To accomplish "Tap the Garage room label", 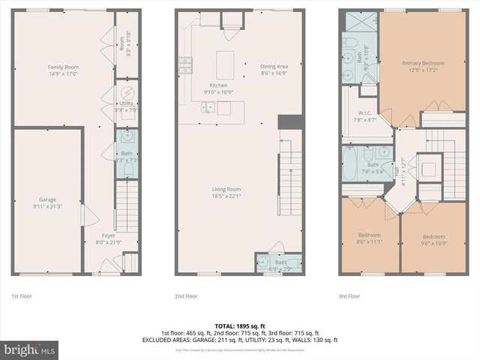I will coord(47,203).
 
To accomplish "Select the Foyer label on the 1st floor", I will coord(109,239).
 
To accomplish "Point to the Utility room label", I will coord(126,106).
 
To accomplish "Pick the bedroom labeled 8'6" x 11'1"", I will coord(369,238).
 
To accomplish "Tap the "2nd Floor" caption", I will coord(186,296).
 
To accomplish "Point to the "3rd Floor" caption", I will coord(349,296).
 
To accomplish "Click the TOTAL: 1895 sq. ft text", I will coord(239,326).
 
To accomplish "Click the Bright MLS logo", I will coord(30,349).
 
